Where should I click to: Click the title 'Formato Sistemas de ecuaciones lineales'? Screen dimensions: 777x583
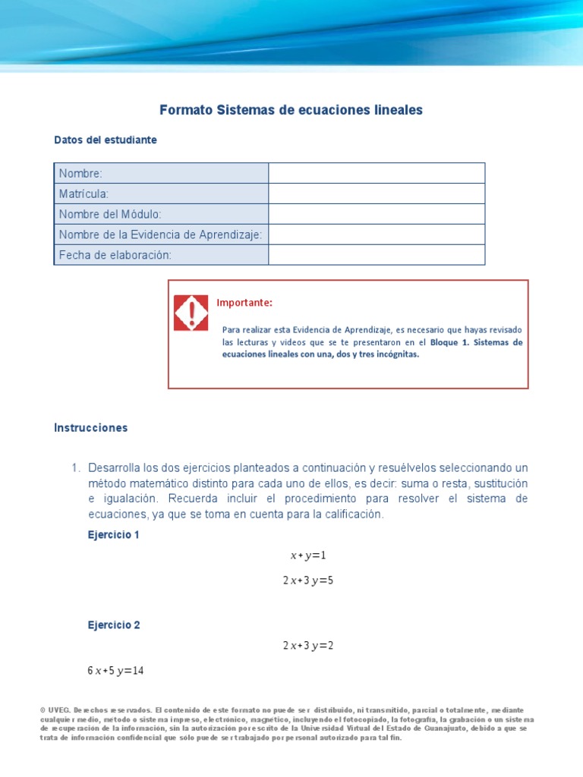(291, 110)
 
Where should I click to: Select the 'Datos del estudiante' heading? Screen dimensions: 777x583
(106, 140)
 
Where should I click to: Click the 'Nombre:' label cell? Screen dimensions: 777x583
(161, 173)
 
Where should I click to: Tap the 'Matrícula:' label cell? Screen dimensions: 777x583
(161, 193)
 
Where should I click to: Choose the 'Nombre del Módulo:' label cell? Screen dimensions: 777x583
(161, 214)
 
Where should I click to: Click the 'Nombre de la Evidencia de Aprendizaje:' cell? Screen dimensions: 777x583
(161, 234)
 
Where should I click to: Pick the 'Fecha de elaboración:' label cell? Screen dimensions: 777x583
(161, 255)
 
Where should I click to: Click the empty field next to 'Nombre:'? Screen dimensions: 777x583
(377, 173)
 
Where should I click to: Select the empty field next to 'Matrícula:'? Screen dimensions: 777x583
(377, 193)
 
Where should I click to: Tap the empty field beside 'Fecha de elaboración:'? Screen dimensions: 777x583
(377, 255)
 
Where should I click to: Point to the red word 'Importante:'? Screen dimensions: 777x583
(244, 303)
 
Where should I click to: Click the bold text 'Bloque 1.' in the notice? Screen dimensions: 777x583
(449, 342)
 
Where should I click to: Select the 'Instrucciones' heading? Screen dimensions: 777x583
(91, 428)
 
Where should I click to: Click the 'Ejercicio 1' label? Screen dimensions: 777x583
(114, 535)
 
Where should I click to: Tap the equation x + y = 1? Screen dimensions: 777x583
(307, 555)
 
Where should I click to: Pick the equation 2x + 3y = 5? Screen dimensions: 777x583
(307, 581)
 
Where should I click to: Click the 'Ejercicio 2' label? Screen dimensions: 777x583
(114, 626)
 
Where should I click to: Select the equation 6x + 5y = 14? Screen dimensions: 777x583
(115, 671)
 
